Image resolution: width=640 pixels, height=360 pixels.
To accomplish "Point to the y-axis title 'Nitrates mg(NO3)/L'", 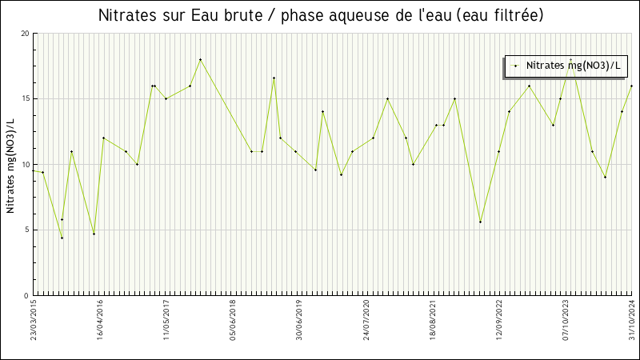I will (x=10, y=165).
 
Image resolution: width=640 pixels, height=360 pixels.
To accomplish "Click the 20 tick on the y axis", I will (x=25, y=34).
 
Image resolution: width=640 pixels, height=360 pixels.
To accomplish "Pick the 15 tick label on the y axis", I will (x=25, y=99).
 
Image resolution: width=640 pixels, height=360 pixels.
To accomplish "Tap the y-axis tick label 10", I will (x=25, y=165).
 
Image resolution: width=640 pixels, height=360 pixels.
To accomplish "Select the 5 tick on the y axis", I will (x=27, y=230).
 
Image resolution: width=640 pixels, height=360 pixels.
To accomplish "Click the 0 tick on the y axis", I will (x=27, y=296).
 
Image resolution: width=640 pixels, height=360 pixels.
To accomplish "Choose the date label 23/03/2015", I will (x=34, y=320).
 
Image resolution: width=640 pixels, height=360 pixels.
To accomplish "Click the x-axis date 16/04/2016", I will (x=101, y=320).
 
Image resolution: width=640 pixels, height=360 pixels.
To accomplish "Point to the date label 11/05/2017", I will (x=167, y=320).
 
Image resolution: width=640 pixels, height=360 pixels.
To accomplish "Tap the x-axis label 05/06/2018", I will (x=234, y=320).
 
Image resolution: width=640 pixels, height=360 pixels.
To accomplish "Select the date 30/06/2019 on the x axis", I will (x=300, y=320).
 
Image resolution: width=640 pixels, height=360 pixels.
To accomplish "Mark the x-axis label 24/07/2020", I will (x=366, y=320).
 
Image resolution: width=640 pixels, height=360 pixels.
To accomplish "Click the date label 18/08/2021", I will (x=433, y=320).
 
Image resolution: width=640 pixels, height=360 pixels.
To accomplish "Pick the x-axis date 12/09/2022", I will (x=499, y=320).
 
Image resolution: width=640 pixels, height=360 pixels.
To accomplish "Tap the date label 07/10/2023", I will (x=566, y=320).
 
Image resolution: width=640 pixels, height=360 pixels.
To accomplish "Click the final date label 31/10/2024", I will (x=631, y=320).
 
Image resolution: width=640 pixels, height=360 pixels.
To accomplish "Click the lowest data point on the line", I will (x=62, y=238).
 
